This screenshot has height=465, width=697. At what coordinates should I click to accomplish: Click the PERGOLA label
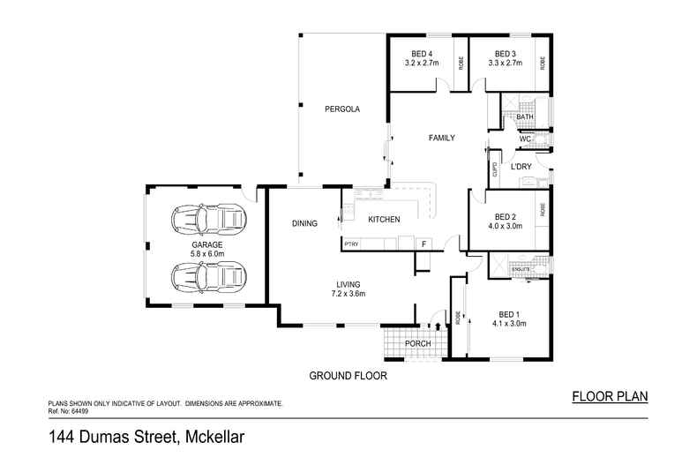click(342, 109)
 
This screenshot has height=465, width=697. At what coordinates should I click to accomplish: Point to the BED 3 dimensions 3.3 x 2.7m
click(505, 64)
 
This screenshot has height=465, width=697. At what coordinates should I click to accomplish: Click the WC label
click(524, 139)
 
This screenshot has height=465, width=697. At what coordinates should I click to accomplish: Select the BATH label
click(525, 117)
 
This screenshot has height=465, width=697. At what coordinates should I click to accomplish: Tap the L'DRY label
click(521, 166)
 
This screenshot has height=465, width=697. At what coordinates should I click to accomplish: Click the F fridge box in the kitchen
click(423, 243)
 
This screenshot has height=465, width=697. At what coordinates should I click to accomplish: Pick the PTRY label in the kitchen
click(350, 243)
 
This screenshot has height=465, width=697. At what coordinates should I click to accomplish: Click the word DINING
click(304, 224)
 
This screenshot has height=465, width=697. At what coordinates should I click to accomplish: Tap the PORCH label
click(417, 344)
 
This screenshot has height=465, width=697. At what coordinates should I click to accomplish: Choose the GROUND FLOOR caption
click(348, 375)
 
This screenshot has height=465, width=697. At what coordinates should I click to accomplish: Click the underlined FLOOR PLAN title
click(610, 396)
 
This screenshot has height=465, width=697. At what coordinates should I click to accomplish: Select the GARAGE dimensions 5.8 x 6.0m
click(208, 253)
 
